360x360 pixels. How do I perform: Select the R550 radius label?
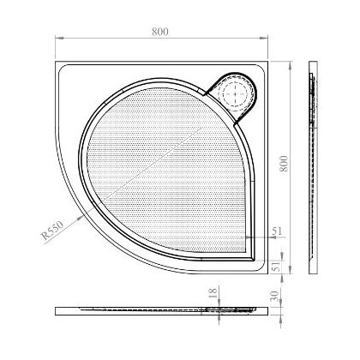[51, 231]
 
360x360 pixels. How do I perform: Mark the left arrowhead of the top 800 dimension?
[58, 39]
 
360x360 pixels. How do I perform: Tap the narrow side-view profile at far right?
[315, 167]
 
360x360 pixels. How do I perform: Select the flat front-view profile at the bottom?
[159, 309]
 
